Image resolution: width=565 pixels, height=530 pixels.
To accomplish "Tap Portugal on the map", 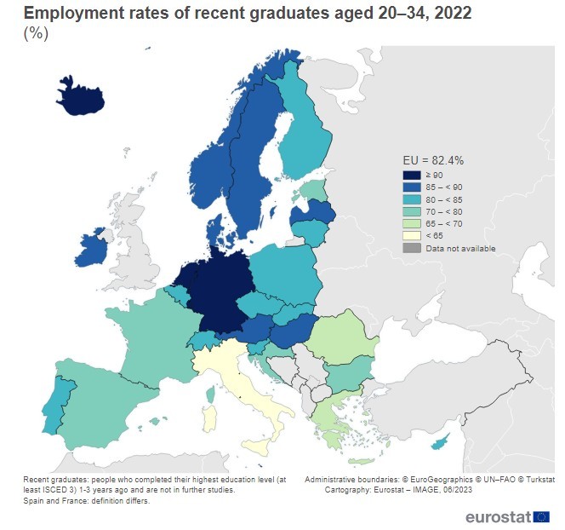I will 54,405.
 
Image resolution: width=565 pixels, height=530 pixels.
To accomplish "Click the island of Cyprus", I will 441,443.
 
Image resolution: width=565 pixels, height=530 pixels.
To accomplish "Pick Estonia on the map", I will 314,188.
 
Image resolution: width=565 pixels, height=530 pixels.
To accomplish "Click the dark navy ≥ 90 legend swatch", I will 412,176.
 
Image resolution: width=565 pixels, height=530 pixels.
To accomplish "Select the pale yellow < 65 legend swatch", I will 412,235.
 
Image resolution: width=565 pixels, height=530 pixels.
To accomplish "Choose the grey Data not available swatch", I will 412,248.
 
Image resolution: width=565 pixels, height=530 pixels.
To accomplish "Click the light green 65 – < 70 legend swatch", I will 412,223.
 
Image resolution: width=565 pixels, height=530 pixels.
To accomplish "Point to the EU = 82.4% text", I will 432,160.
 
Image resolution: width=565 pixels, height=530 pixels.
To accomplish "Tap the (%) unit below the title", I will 36,34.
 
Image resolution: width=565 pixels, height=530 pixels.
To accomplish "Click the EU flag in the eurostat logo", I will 542,516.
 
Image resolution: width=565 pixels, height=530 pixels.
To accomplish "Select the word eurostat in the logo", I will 498,517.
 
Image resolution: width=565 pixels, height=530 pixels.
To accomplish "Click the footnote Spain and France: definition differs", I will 88,501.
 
